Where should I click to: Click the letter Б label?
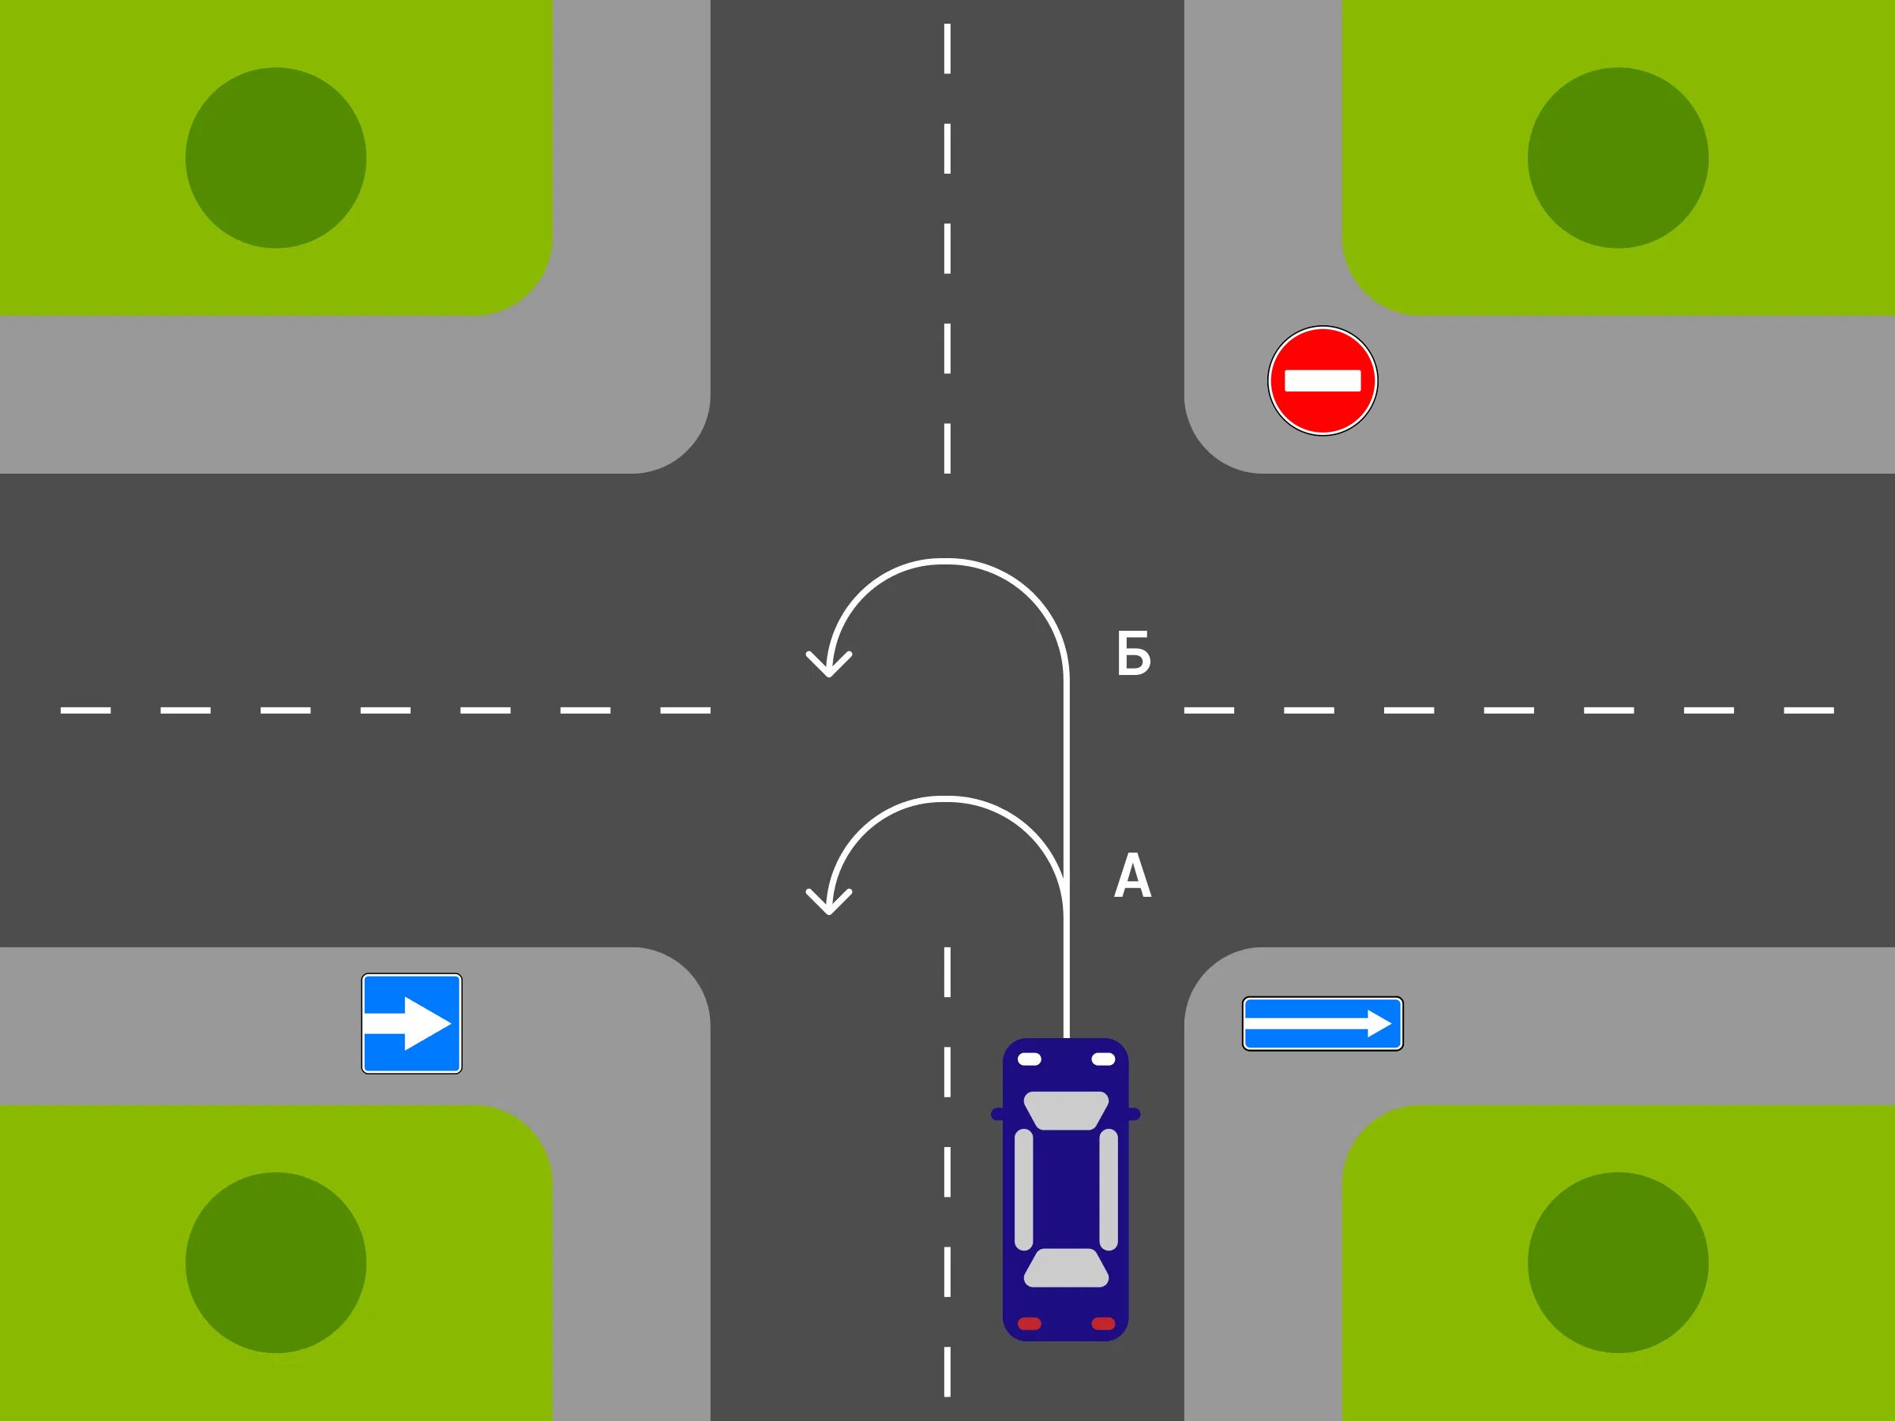(x=1133, y=654)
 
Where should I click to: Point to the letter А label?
(x=1132, y=875)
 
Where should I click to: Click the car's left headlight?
(x=1029, y=1059)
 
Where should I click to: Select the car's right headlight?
(x=1103, y=1059)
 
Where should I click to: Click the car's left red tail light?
(x=1029, y=1323)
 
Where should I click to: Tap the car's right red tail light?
(x=1103, y=1323)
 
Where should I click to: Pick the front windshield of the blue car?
(x=1066, y=1110)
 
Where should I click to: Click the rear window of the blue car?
(x=1066, y=1267)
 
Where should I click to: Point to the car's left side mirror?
(x=997, y=1113)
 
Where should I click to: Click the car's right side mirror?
(x=1135, y=1113)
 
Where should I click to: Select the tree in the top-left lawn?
(x=276, y=158)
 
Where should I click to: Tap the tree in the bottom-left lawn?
(x=276, y=1262)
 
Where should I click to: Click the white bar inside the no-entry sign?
(x=1322, y=381)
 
